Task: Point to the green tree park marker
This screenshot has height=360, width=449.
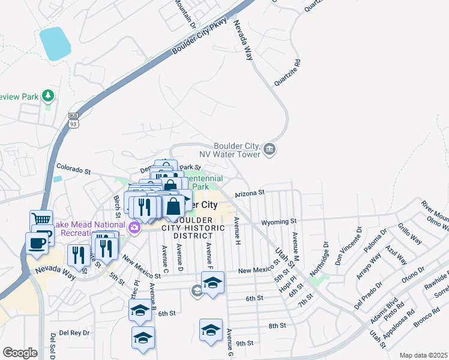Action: pyautogui.click(x=47, y=95)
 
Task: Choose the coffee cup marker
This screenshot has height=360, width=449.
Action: pyautogui.click(x=36, y=242)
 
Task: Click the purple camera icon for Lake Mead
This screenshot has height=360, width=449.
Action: pyautogui.click(x=134, y=227)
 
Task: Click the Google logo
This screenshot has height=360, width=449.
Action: pyautogui.click(x=20, y=353)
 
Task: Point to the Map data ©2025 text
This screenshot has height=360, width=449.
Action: pyautogui.click(x=423, y=355)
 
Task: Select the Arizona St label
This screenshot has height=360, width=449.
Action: pyautogui.click(x=250, y=193)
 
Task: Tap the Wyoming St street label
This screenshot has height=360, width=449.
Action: pyautogui.click(x=280, y=221)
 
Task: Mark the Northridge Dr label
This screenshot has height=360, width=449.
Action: pyautogui.click(x=319, y=259)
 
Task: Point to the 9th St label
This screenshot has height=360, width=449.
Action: pyautogui.click(x=245, y=344)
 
